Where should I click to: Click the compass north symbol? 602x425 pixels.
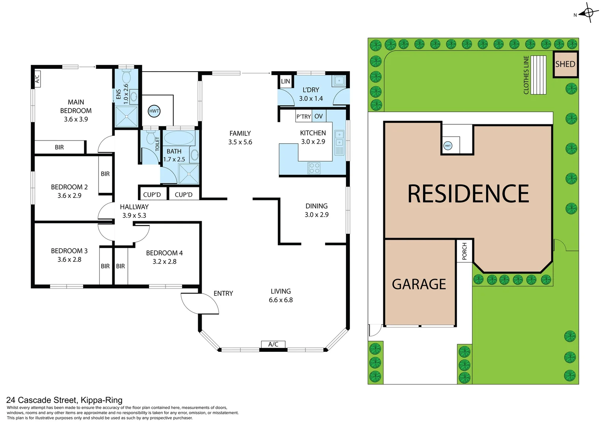(x=589, y=13)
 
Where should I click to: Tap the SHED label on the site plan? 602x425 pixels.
(x=565, y=64)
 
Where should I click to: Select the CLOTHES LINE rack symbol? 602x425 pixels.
(x=538, y=75)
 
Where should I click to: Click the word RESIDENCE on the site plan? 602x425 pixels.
(x=468, y=194)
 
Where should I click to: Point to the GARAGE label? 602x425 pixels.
(x=419, y=284)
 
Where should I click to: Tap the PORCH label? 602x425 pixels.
(x=465, y=251)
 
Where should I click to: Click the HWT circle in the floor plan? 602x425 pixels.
(x=154, y=111)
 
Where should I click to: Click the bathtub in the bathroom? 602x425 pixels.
(x=178, y=138)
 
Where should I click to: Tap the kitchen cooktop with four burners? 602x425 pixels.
(x=314, y=168)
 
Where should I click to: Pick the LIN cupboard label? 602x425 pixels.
(x=286, y=81)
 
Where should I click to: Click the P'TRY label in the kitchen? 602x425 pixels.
(x=304, y=116)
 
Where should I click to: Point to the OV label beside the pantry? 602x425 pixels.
(x=318, y=116)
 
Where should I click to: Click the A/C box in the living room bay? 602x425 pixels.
(x=273, y=344)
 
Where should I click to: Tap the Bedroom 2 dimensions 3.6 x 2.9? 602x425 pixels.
(x=69, y=196)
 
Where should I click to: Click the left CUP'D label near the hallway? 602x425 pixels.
(x=152, y=194)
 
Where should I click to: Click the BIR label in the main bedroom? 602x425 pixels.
(x=59, y=147)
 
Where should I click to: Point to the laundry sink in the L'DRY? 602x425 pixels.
(x=339, y=81)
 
